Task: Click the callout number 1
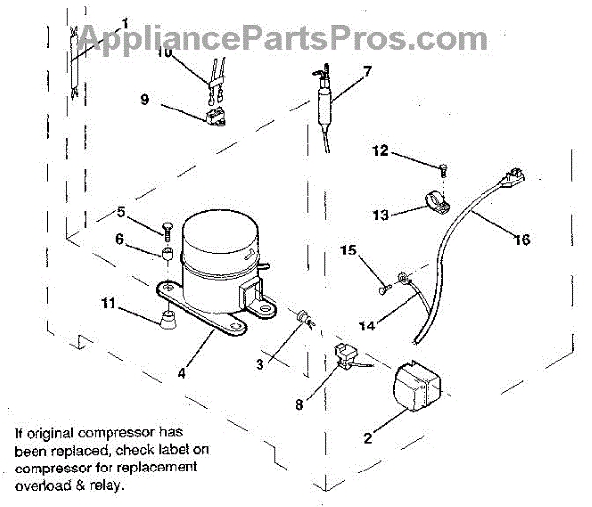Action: (x=125, y=22)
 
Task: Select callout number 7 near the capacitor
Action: (x=367, y=71)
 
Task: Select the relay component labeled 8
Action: (x=347, y=356)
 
